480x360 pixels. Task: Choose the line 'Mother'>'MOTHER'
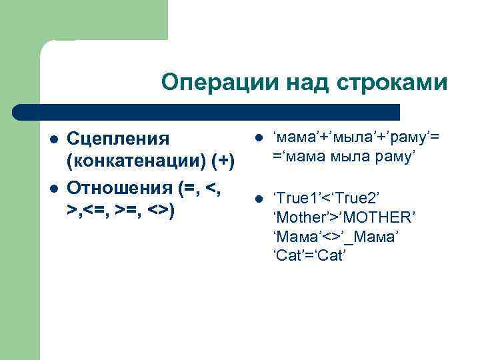pos(344,217)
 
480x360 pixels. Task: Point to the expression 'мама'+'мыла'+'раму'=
pos(357,138)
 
